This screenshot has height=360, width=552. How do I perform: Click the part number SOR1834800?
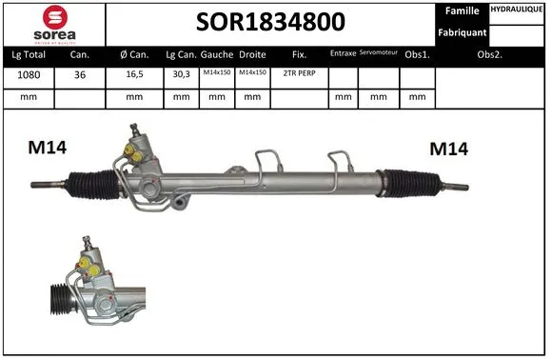[270, 22]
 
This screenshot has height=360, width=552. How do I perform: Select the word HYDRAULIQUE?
[519, 9]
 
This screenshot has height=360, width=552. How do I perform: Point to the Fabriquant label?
[463, 32]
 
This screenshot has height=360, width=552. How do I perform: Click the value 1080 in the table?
[28, 75]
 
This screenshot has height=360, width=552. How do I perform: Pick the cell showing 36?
[80, 75]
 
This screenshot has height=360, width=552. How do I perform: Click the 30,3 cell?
[180, 75]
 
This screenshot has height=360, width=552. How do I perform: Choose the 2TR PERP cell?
[299, 75]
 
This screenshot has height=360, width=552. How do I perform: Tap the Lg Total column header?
[28, 54]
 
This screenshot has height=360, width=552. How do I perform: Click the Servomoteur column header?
[379, 53]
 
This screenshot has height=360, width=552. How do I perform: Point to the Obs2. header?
[489, 54]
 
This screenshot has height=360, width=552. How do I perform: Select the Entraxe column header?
[343, 54]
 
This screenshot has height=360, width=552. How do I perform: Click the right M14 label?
[449, 149]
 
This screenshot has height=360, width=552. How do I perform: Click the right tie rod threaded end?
[456, 186]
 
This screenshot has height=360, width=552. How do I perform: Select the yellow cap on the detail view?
[86, 262]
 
